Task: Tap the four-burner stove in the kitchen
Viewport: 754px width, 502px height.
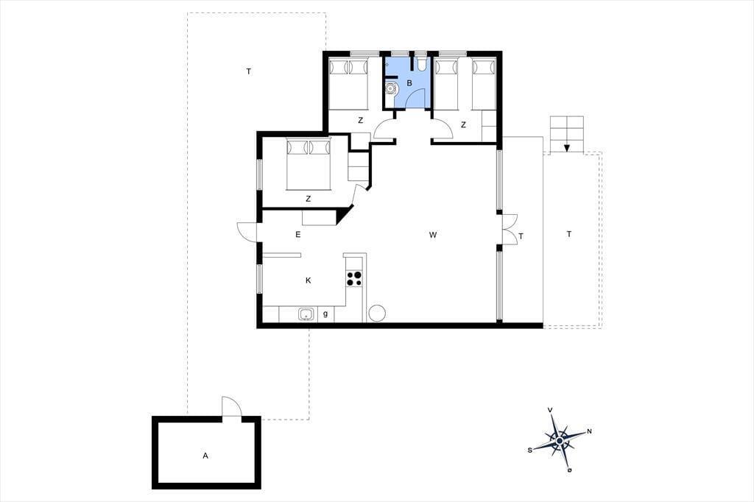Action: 355,278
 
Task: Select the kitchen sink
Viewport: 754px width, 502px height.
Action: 306,314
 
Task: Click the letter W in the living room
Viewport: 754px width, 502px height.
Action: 433,235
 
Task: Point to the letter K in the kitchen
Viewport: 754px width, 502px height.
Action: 309,280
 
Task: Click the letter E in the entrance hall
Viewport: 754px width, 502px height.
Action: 298,235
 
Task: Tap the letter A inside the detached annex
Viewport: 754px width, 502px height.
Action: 205,456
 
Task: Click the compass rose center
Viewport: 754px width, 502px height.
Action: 560,440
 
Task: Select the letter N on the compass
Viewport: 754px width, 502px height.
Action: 590,431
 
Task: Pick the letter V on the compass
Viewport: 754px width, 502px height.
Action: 550,410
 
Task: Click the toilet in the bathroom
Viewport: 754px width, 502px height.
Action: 422,64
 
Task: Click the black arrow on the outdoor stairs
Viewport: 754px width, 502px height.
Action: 567,148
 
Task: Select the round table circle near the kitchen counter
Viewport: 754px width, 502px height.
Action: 377,314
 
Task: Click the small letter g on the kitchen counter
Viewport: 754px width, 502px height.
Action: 325,314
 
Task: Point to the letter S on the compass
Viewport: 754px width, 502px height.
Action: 530,450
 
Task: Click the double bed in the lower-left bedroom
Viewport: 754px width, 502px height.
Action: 309,164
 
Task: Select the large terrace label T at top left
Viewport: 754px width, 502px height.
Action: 249,71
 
